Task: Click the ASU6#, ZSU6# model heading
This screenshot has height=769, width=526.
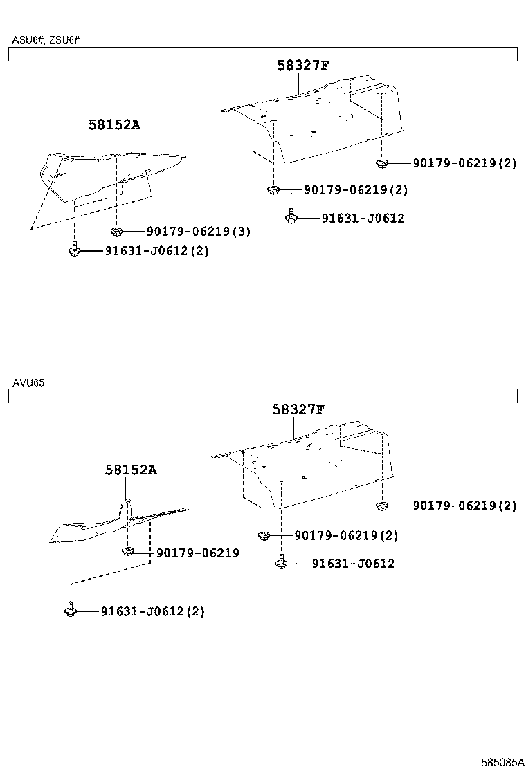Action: pyautogui.click(x=46, y=40)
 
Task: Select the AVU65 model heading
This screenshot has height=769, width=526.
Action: pyautogui.click(x=28, y=382)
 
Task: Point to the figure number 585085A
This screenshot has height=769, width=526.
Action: pyautogui.click(x=502, y=761)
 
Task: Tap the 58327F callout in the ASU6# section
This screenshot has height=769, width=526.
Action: pyautogui.click(x=302, y=66)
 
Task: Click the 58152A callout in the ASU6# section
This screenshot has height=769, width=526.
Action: pyautogui.click(x=114, y=125)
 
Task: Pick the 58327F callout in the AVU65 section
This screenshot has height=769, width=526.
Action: pyautogui.click(x=298, y=409)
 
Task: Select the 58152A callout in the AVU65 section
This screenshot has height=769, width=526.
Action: pyautogui.click(x=131, y=470)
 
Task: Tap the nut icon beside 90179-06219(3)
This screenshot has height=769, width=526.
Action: pyautogui.click(x=116, y=231)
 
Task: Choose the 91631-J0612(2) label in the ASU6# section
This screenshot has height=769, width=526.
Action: pyautogui.click(x=156, y=251)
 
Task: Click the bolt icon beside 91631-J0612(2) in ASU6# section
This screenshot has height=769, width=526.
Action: pyautogui.click(x=74, y=250)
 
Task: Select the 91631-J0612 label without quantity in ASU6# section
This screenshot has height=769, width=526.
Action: pyautogui.click(x=363, y=219)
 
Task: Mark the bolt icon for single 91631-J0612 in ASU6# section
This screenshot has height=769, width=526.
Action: pyautogui.click(x=291, y=217)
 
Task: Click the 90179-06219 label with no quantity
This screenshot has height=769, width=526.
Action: pyautogui.click(x=197, y=553)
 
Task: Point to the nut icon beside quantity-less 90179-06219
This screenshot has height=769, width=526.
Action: pyautogui.click(x=127, y=551)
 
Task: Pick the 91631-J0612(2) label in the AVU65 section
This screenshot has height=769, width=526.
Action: pyautogui.click(x=152, y=611)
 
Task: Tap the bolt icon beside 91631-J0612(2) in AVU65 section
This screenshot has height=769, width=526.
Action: pyautogui.click(x=70, y=610)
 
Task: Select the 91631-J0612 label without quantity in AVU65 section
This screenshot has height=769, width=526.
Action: pyautogui.click(x=352, y=564)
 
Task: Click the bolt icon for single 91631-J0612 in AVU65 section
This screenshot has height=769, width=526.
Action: pyautogui.click(x=281, y=562)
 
